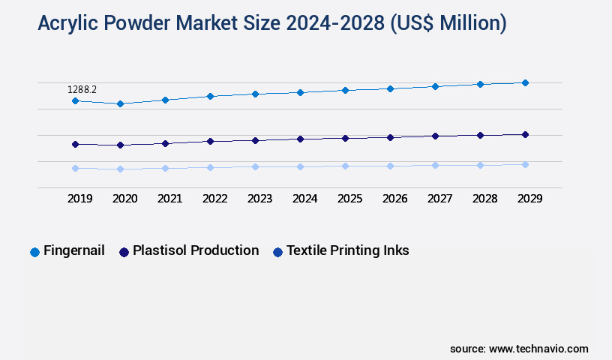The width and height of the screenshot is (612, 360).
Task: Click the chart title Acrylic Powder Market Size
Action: pos(271,24)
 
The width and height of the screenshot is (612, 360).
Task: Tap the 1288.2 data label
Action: pos(82,89)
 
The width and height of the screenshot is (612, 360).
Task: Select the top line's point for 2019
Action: pos(75,100)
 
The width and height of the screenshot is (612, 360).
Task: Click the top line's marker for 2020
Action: pos(120,103)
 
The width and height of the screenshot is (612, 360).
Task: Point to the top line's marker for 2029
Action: pos(525,82)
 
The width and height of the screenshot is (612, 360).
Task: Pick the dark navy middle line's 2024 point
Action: pos(300,139)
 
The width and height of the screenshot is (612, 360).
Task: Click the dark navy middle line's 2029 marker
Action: pos(525,134)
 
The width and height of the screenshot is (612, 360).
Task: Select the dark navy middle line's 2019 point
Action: pos(75,144)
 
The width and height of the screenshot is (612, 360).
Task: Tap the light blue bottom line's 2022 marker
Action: pos(210,167)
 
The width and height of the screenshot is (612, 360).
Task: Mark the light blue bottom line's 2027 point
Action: pos(435,165)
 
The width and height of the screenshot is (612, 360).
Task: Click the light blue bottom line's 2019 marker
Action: pos(75,168)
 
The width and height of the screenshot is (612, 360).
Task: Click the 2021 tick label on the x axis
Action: pos(169,199)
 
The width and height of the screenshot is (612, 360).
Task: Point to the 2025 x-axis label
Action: pos(349,199)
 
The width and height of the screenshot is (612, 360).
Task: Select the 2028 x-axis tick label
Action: pos(484,199)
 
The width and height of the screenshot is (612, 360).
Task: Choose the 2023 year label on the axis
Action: pos(259,199)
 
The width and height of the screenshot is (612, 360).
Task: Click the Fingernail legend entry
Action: pos(73,250)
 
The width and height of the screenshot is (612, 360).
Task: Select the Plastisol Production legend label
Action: pos(195,250)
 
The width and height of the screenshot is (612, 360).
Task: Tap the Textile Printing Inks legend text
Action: pos(347,250)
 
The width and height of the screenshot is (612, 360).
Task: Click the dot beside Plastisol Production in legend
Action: pos(124,252)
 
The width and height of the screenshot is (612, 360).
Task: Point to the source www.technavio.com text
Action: pos(519,349)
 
